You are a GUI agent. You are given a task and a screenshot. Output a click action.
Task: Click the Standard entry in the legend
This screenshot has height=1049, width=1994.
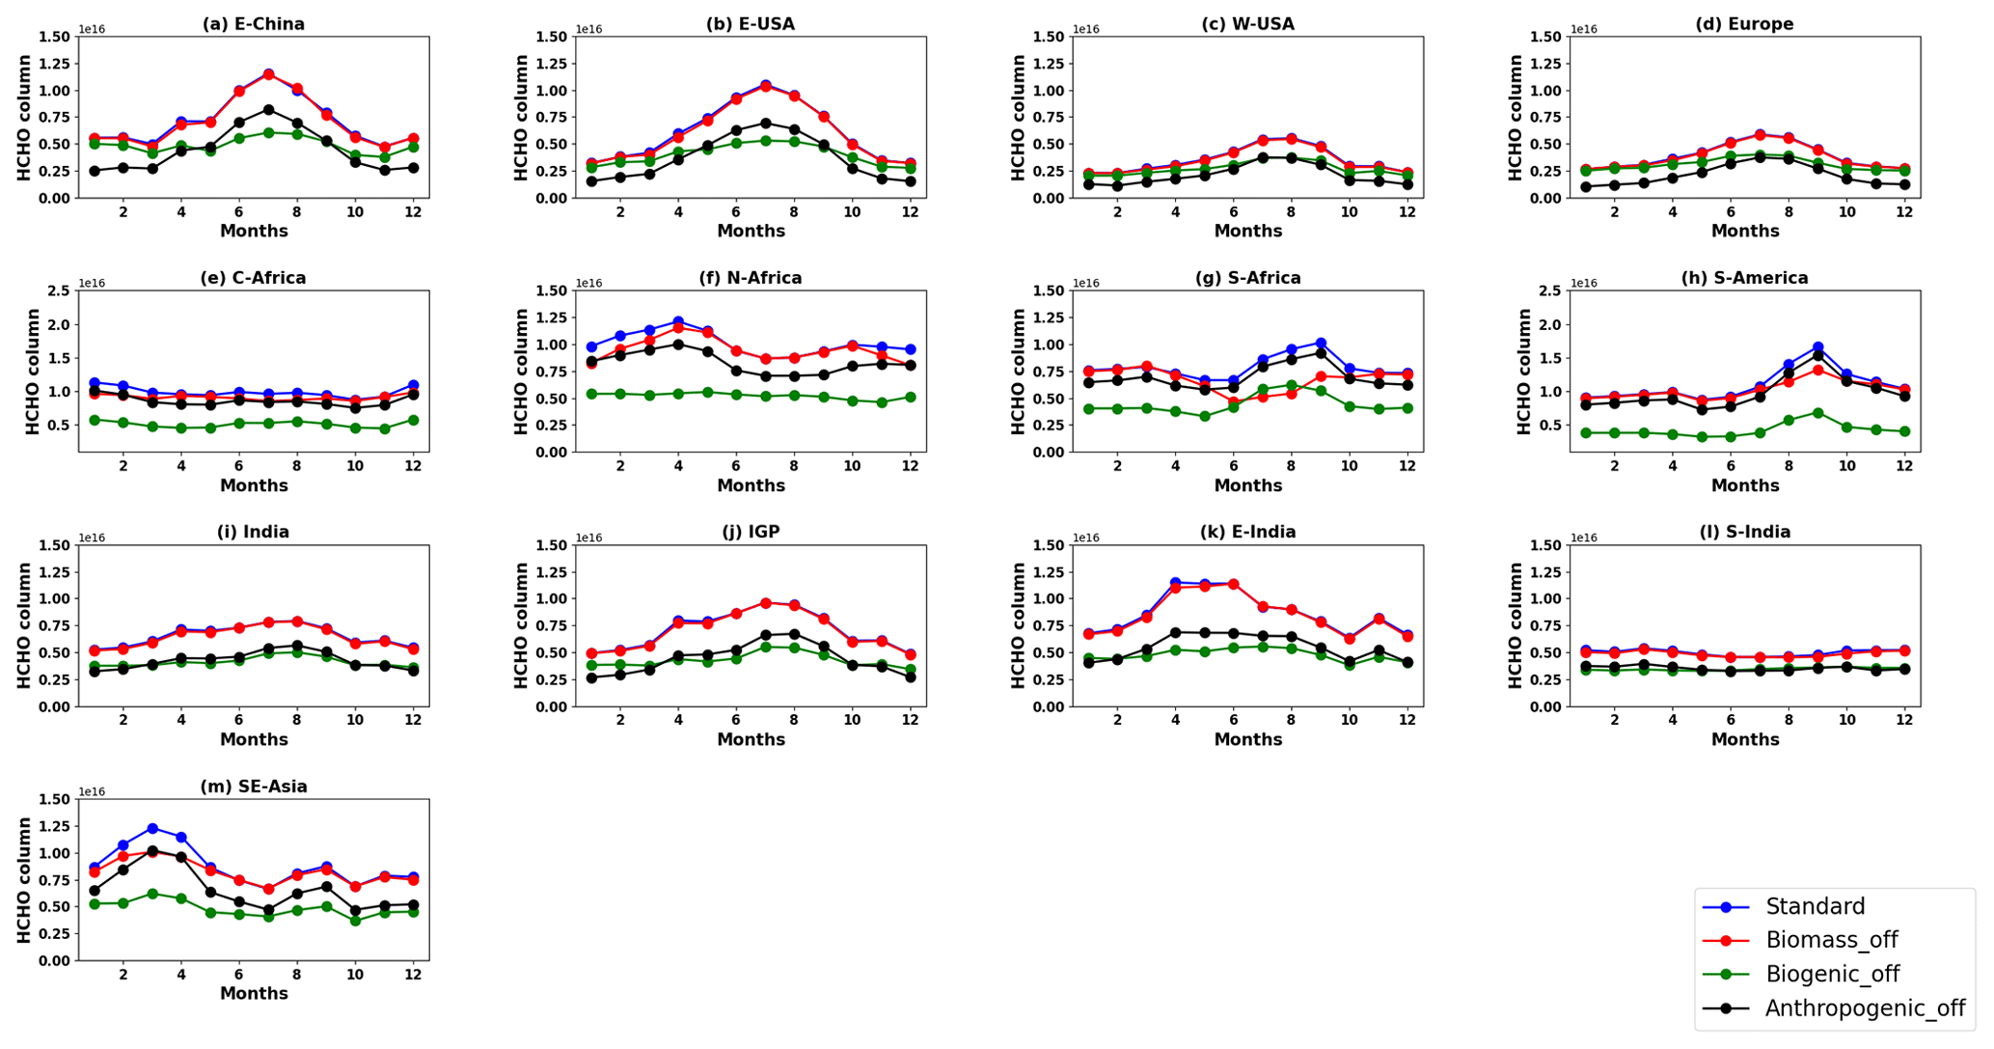pyautogui.click(x=1815, y=907)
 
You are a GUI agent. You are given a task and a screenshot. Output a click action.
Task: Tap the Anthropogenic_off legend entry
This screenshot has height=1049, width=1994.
pyautogui.click(x=1864, y=1009)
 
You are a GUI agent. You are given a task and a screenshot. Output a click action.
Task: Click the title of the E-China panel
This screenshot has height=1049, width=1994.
pyautogui.click(x=253, y=24)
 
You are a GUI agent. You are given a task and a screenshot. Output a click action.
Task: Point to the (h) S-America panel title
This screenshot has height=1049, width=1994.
pyautogui.click(x=1744, y=278)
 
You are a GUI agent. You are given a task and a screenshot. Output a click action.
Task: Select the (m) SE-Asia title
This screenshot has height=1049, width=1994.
pyautogui.click(x=253, y=787)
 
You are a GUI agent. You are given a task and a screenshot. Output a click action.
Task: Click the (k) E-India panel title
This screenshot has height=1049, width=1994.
pyautogui.click(x=1247, y=532)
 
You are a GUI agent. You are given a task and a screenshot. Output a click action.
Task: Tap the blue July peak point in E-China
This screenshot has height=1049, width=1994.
pyautogui.click(x=268, y=73)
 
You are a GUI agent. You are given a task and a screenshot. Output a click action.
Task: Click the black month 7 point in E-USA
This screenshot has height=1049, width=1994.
pyautogui.click(x=765, y=124)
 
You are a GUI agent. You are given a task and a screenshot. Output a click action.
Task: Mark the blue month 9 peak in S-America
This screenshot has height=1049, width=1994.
pyautogui.click(x=1817, y=346)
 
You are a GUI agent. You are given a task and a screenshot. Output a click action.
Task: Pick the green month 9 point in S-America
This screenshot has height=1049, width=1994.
pyautogui.click(x=1817, y=413)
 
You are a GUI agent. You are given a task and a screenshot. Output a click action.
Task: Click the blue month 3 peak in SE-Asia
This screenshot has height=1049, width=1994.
pyautogui.click(x=152, y=828)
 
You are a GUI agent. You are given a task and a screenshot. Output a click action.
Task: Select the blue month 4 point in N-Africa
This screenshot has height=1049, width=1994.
pyautogui.click(x=678, y=321)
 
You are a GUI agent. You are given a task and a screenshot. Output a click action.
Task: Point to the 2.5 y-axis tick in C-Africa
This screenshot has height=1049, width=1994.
pyautogui.click(x=61, y=290)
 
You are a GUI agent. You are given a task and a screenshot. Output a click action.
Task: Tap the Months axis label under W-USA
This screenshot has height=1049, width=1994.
pyautogui.click(x=1247, y=232)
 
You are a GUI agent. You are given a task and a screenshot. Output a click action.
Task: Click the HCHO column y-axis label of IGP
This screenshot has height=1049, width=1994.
pyautogui.click(x=521, y=625)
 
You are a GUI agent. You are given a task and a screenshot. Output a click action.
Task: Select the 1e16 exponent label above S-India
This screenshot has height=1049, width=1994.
pyautogui.click(x=1583, y=538)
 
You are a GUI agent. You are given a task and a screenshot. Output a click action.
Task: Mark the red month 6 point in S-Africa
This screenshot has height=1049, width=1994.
pyautogui.click(x=1233, y=401)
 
